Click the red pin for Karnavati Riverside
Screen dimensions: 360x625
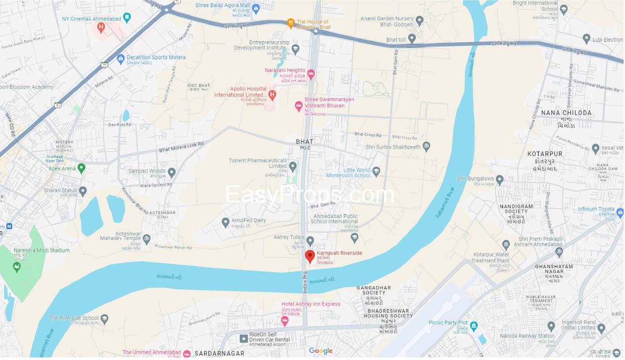point(310,256)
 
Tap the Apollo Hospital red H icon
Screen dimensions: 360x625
point(272,95)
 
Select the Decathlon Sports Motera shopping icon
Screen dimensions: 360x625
point(120,58)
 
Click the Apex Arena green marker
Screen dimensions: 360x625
point(82,168)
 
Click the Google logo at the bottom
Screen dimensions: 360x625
point(320,351)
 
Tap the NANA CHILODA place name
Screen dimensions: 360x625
point(566,113)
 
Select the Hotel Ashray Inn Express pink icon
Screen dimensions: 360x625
point(284,321)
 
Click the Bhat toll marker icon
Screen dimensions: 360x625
point(412,39)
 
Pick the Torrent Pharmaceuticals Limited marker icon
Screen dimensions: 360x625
point(293,166)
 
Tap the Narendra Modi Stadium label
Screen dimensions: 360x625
point(41,250)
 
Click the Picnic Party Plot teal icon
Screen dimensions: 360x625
point(474,325)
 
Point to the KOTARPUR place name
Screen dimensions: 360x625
point(544,154)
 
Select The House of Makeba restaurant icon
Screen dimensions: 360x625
point(290,22)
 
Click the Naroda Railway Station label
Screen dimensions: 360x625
point(527,336)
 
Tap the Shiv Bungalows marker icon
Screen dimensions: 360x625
point(499,180)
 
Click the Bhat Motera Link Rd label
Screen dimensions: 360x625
point(181,147)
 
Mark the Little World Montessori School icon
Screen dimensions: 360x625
point(376,172)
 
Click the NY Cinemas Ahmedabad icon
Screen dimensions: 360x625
point(127,18)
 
